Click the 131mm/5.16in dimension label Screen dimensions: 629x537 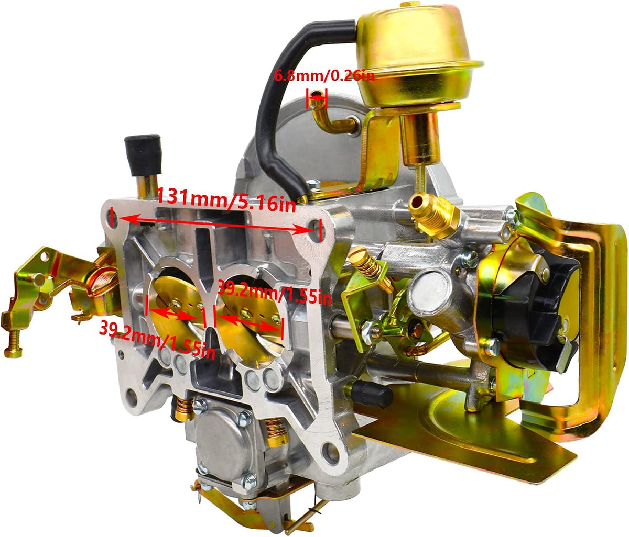(226, 199)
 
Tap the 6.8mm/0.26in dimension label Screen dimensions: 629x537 (324, 75)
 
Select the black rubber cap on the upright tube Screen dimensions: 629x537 (143, 155)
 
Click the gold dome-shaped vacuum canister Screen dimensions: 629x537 (417, 55)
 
